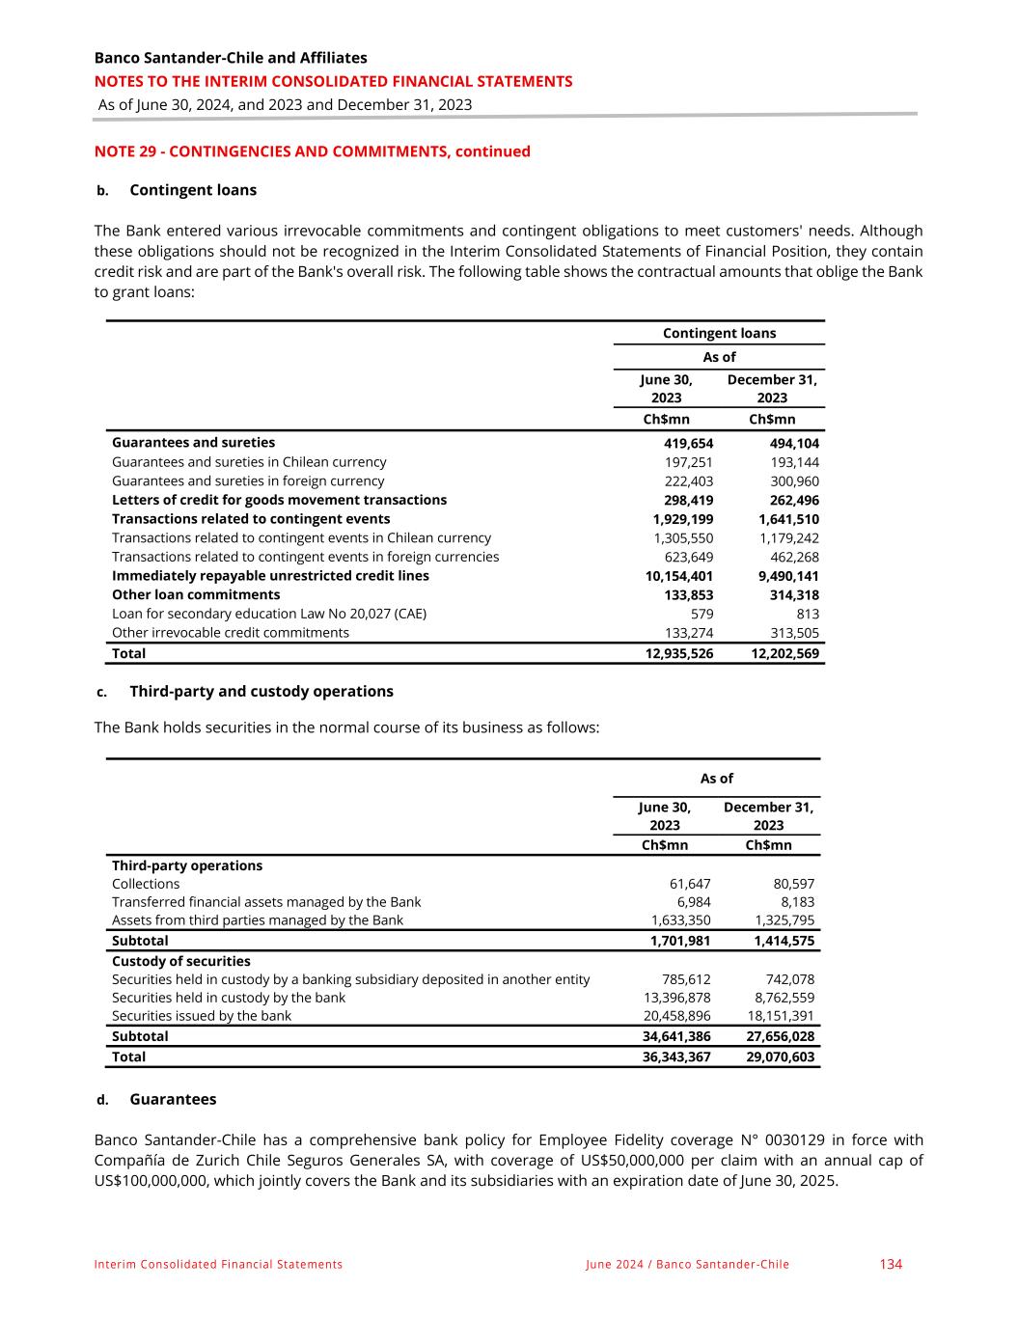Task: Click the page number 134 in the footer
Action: (890, 1264)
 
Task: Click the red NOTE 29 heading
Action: (312, 151)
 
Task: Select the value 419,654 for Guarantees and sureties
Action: (688, 443)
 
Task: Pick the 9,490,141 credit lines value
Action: (786, 576)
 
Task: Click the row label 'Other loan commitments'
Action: (196, 594)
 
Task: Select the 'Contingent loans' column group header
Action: (719, 333)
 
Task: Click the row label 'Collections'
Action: (146, 884)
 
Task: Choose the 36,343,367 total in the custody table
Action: (676, 1056)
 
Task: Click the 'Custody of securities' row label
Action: (181, 961)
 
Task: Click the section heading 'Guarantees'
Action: (173, 1099)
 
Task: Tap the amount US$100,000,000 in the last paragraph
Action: (151, 1181)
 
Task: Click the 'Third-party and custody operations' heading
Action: (261, 691)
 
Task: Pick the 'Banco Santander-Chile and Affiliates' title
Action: (231, 58)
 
